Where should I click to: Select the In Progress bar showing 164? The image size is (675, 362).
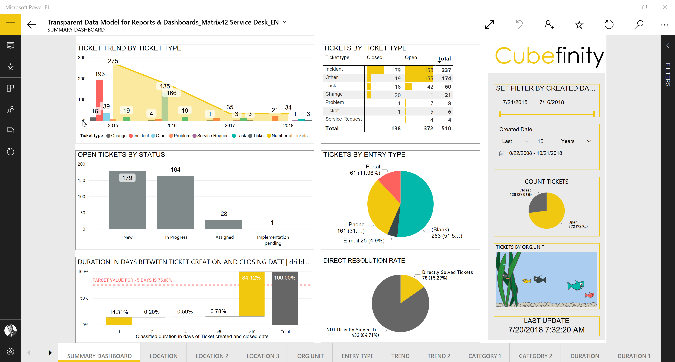(x=175, y=203)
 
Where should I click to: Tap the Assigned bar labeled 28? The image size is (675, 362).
(x=224, y=225)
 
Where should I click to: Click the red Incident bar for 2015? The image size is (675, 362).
(x=99, y=100)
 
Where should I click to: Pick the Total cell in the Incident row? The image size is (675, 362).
(x=446, y=70)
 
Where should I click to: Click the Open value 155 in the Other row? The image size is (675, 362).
(x=429, y=78)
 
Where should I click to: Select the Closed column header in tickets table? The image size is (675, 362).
(x=374, y=57)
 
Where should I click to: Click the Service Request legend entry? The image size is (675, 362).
(x=213, y=136)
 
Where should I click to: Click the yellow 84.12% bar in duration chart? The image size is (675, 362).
(x=251, y=296)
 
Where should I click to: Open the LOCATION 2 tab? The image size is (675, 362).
(x=212, y=356)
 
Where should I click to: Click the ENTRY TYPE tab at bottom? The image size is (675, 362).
(x=357, y=356)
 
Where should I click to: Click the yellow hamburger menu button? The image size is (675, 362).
(x=11, y=25)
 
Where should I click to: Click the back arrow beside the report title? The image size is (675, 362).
(x=32, y=25)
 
